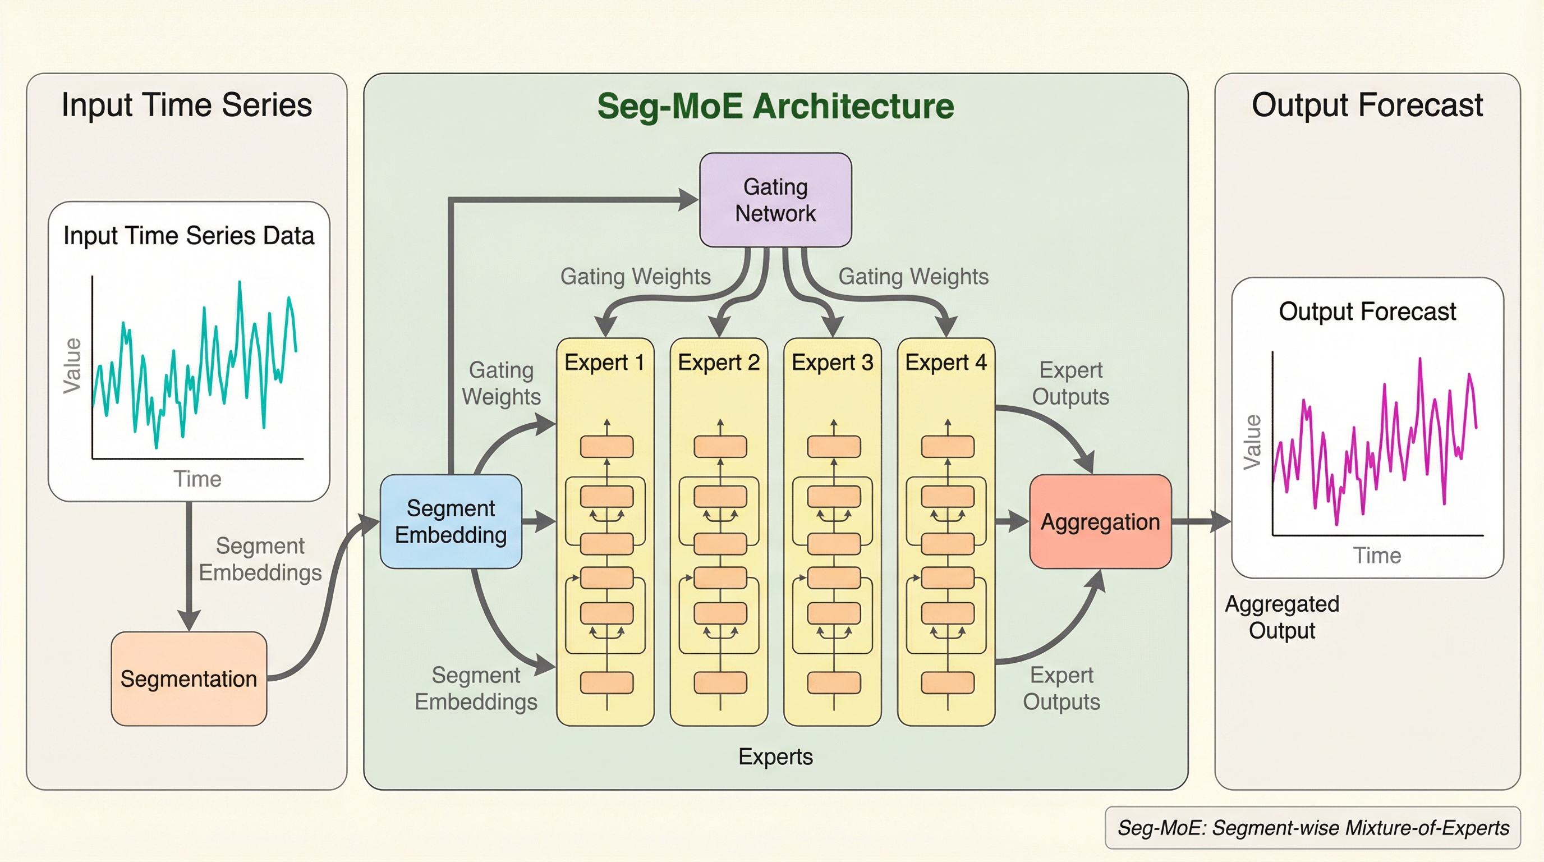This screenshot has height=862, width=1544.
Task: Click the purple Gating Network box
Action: (x=775, y=200)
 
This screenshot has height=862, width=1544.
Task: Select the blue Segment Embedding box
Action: (x=451, y=521)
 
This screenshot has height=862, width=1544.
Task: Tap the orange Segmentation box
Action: (x=189, y=678)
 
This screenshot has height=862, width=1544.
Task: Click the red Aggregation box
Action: (x=1100, y=521)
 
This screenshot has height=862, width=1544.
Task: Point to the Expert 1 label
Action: (x=604, y=363)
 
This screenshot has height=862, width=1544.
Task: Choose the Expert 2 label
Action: (x=719, y=363)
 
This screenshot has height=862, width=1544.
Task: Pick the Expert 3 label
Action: (x=832, y=363)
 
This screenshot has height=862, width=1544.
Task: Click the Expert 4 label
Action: (x=946, y=363)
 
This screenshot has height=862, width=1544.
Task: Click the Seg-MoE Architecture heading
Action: (x=775, y=106)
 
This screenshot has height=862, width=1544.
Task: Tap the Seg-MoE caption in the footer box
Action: (x=1313, y=828)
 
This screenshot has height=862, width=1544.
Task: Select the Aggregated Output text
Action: (x=1281, y=617)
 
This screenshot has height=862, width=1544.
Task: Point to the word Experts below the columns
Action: (x=775, y=756)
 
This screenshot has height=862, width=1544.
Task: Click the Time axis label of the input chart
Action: (x=197, y=479)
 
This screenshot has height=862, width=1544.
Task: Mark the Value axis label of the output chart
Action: (x=1252, y=442)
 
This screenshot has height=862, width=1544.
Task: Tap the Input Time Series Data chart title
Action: (x=189, y=236)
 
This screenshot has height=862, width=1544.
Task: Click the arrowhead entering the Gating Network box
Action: (x=688, y=200)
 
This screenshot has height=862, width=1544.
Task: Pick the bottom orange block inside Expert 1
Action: (x=606, y=683)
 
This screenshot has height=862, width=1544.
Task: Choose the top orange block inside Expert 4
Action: (x=947, y=446)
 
